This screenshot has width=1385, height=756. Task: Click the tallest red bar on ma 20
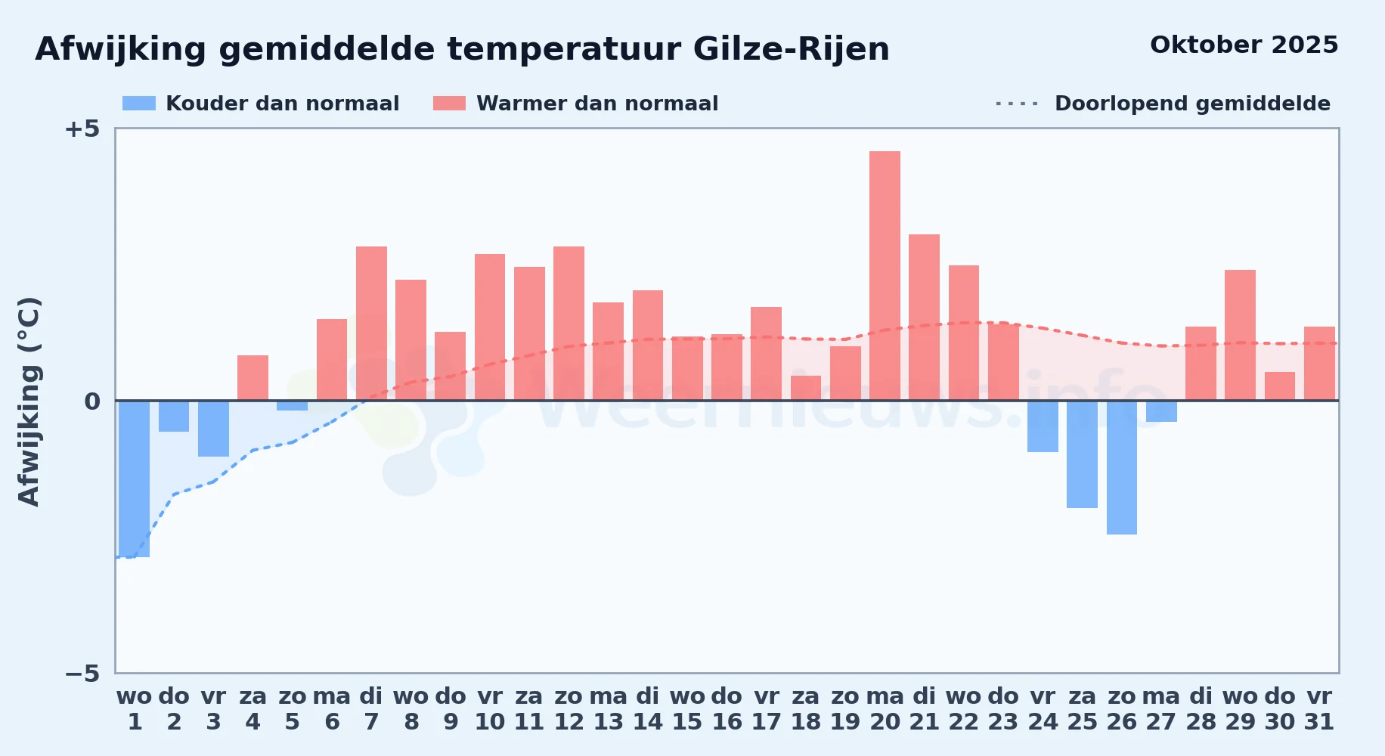pyautogui.click(x=885, y=276)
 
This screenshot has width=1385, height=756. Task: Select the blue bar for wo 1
pyautogui.click(x=135, y=479)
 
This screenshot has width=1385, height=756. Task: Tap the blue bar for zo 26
pyautogui.click(x=1122, y=467)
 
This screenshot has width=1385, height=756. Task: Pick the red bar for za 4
pyautogui.click(x=253, y=378)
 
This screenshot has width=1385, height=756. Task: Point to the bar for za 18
pyautogui.click(x=806, y=388)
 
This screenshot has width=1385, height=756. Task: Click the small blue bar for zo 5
pyautogui.click(x=292, y=406)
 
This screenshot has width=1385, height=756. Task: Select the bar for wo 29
pyautogui.click(x=1240, y=335)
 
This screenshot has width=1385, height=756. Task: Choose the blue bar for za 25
pyautogui.click(x=1082, y=454)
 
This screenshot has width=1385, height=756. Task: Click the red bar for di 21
pyautogui.click(x=924, y=318)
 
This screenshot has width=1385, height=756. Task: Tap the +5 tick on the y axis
pyautogui.click(x=82, y=129)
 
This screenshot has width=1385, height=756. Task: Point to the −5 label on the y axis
pyautogui.click(x=82, y=673)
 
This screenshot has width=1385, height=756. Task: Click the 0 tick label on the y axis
pyautogui.click(x=92, y=401)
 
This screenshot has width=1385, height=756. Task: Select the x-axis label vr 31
pyautogui.click(x=1319, y=708)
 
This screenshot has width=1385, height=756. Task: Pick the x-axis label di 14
pyautogui.click(x=648, y=708)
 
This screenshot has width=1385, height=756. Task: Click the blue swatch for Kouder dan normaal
pyautogui.click(x=139, y=104)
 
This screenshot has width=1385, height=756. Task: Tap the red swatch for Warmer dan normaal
pyautogui.click(x=450, y=104)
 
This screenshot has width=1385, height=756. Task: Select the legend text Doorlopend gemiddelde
pyautogui.click(x=1192, y=104)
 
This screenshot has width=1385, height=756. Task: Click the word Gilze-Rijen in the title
pyautogui.click(x=792, y=49)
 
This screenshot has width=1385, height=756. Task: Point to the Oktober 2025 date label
pyautogui.click(x=1244, y=45)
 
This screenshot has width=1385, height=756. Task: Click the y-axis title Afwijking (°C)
pyautogui.click(x=29, y=401)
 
